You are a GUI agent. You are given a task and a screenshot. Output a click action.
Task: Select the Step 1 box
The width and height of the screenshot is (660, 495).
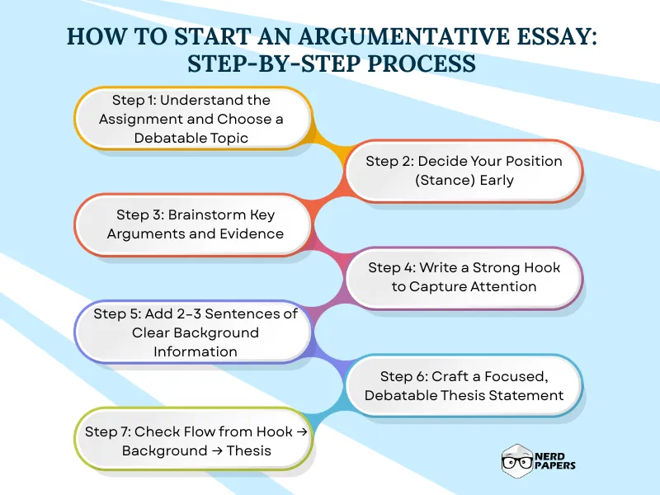coord(191,119)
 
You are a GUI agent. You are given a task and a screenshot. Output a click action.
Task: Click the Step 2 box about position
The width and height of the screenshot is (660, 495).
coord(464,171)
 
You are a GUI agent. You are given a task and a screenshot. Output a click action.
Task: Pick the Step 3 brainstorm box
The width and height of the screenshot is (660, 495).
coord(191,224)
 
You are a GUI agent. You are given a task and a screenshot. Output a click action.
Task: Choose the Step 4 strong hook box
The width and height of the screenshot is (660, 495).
coord(464,277)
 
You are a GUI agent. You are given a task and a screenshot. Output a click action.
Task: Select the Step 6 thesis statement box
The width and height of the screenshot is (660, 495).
coord(464,385)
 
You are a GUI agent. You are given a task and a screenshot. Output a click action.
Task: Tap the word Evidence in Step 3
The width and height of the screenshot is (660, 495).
coord(254,233)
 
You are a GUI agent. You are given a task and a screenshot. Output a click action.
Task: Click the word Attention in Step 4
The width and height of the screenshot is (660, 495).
coord(503,286)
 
